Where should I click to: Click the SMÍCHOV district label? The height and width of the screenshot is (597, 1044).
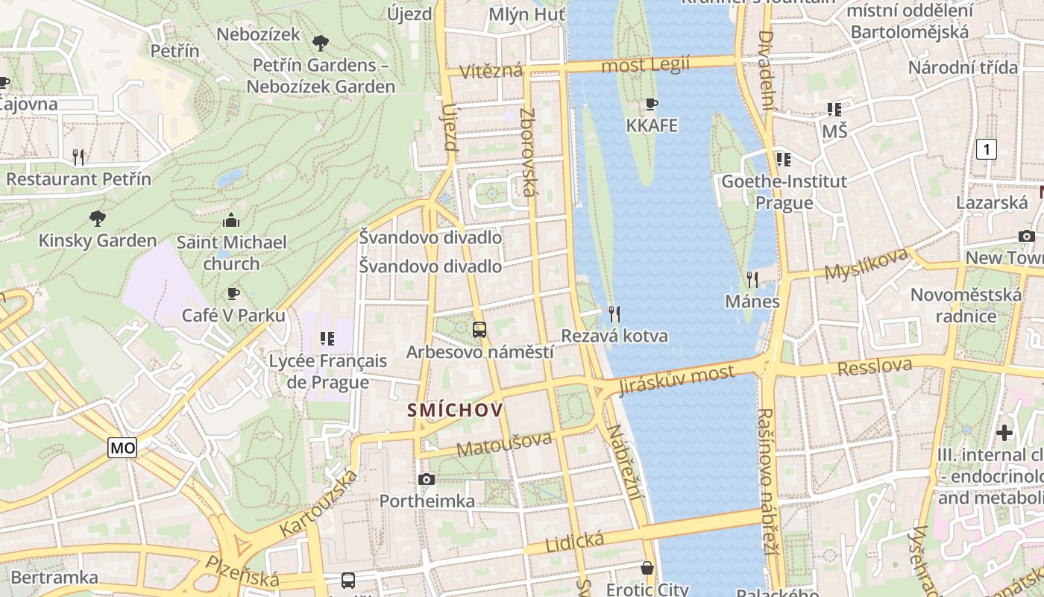[x=455, y=410]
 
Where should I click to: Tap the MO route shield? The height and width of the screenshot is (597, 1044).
[x=122, y=448]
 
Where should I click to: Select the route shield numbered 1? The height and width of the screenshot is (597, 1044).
[x=987, y=149]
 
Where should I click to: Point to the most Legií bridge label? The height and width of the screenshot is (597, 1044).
[x=645, y=65]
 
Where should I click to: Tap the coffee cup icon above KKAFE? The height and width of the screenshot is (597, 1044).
[x=652, y=104]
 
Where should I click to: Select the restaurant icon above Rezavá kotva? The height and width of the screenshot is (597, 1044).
[x=614, y=313]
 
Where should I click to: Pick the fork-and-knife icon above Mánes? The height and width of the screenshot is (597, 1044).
[x=752, y=280]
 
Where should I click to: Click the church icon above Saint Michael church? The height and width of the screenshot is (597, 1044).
[x=231, y=220]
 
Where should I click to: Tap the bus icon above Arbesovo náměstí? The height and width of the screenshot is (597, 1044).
[x=479, y=329]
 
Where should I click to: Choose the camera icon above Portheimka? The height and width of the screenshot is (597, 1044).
[x=427, y=479]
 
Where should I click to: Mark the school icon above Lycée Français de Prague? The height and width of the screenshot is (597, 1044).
[x=327, y=339]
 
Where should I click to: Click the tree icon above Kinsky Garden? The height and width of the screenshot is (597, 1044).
[x=97, y=219]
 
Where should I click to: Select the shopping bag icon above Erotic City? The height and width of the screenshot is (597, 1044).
[x=647, y=568]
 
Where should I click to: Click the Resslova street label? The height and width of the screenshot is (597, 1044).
[x=875, y=367]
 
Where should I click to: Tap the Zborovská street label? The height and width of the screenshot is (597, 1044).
[x=528, y=153]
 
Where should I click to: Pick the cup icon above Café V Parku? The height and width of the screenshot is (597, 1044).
[x=233, y=294]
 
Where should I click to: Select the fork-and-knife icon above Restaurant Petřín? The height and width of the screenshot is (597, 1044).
[x=78, y=157]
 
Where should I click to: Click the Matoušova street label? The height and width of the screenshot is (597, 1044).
[x=506, y=444]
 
